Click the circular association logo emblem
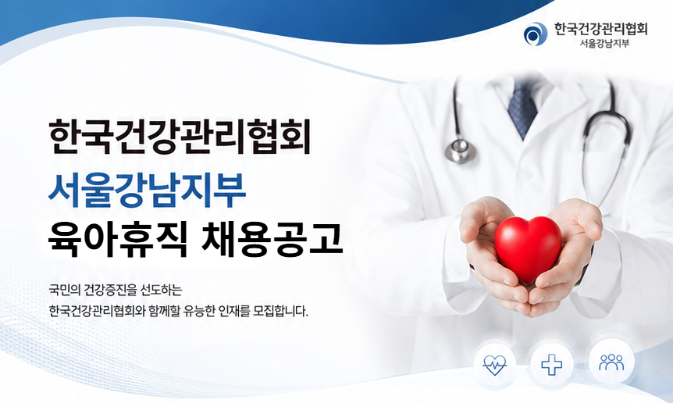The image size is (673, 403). [x=536, y=34]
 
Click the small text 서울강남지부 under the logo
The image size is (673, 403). [x=604, y=44]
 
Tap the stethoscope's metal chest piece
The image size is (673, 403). [x=461, y=150]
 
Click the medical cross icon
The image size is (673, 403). [x=552, y=366]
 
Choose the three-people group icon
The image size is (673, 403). [x=611, y=362]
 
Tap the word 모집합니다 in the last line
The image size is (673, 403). [x=281, y=310]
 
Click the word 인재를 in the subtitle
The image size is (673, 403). [x=233, y=310]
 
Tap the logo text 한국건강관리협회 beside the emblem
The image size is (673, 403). [x=601, y=29]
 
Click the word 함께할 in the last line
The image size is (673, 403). [x=163, y=310]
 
